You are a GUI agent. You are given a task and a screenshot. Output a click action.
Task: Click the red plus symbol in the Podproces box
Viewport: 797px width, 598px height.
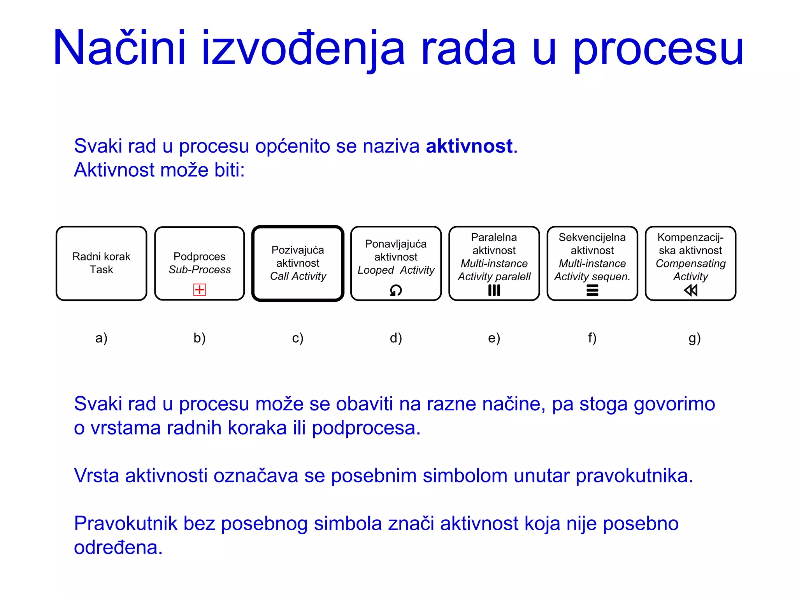pyautogui.click(x=199, y=290)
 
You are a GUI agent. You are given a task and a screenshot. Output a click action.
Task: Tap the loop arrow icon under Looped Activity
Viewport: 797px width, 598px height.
pyautogui.click(x=396, y=290)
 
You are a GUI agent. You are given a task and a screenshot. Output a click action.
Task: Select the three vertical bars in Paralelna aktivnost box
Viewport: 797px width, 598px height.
pyautogui.click(x=494, y=290)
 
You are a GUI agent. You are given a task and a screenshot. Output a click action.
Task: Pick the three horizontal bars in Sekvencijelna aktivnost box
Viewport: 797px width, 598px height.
pyautogui.click(x=592, y=290)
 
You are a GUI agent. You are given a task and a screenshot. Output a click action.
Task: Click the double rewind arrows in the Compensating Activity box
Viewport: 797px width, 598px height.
pyautogui.click(x=690, y=290)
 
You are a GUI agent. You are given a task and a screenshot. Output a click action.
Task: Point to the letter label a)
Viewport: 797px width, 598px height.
pyautogui.click(x=101, y=338)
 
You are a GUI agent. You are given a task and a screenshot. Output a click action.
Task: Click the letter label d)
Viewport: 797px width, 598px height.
pyautogui.click(x=396, y=338)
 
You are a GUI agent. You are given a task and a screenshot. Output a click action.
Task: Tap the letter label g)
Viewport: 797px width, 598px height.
pyautogui.click(x=694, y=338)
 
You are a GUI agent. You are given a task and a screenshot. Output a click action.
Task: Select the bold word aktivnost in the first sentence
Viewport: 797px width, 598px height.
pyautogui.click(x=469, y=146)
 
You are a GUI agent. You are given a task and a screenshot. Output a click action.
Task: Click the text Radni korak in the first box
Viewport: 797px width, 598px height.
pyautogui.click(x=101, y=257)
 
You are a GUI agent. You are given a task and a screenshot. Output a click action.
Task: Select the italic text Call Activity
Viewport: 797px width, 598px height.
pyautogui.click(x=298, y=276)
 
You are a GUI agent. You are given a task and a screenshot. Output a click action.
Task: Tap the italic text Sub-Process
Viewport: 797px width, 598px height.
pyautogui.click(x=200, y=269)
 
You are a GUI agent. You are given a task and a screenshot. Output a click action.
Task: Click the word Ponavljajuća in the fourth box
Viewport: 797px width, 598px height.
pyautogui.click(x=396, y=244)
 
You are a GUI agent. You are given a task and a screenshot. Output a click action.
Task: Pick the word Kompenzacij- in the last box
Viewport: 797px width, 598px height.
pyautogui.click(x=690, y=237)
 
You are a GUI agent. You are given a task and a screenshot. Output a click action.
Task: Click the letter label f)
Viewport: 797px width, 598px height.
pyautogui.click(x=592, y=338)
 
